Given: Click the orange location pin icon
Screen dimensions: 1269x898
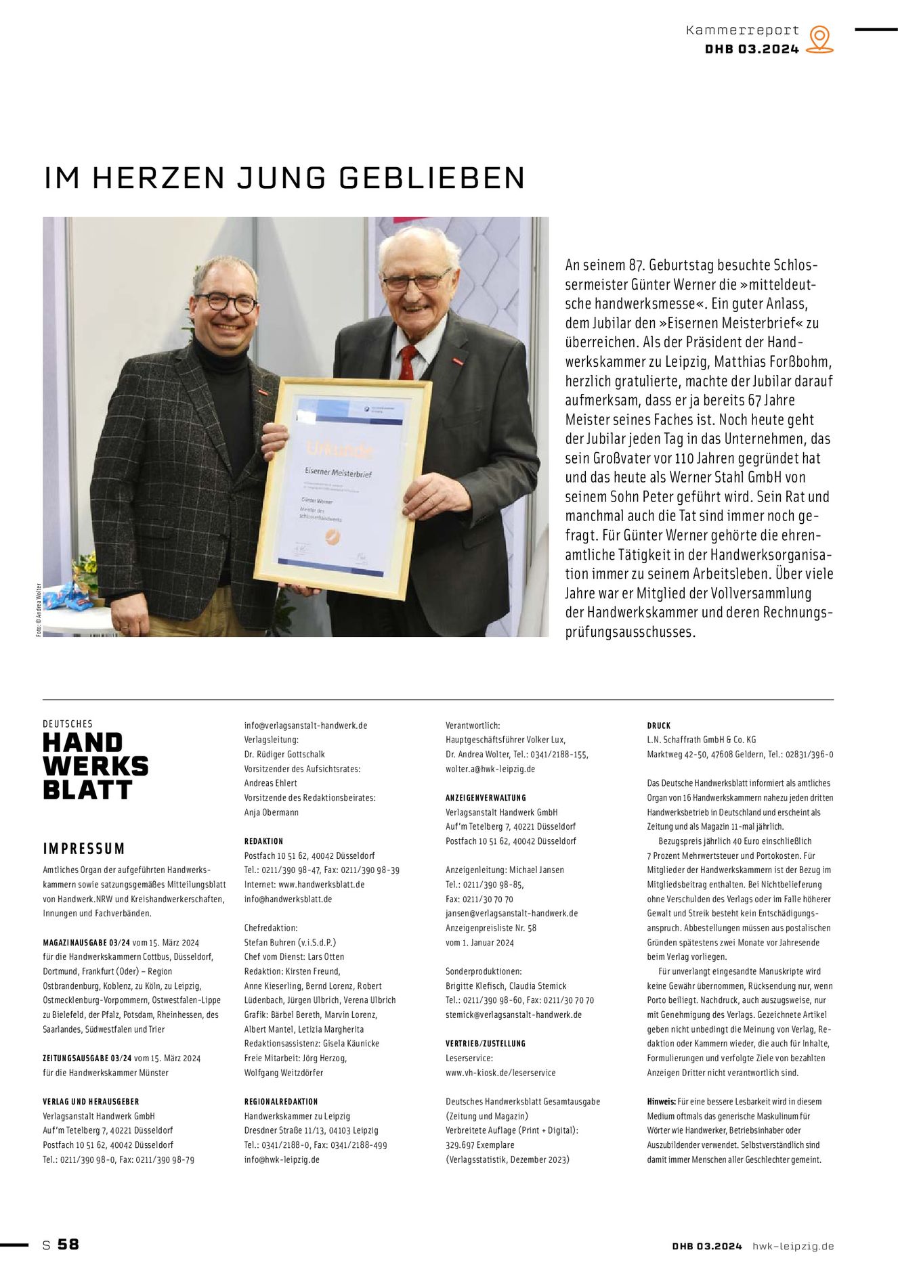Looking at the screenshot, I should point(820,39).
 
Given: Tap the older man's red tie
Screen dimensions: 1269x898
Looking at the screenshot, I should point(407,363).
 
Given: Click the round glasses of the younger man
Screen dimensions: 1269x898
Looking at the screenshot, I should point(227,303).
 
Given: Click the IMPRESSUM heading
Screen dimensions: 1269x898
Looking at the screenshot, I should point(84,849).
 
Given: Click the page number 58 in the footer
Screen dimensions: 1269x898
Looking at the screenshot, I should point(68,1245).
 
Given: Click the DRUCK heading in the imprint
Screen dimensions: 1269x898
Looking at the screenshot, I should point(658,726).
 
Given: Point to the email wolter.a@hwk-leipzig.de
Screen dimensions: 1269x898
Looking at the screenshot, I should point(490,769).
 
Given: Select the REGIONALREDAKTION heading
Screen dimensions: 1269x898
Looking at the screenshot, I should point(280,1102).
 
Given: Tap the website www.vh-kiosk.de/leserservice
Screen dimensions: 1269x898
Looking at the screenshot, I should point(500,1073).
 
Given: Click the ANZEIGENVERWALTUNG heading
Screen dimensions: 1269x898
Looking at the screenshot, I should point(486,798).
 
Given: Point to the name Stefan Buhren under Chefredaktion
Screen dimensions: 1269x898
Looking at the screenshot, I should point(271,942).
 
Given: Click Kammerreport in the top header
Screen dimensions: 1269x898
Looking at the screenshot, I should point(742,30).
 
